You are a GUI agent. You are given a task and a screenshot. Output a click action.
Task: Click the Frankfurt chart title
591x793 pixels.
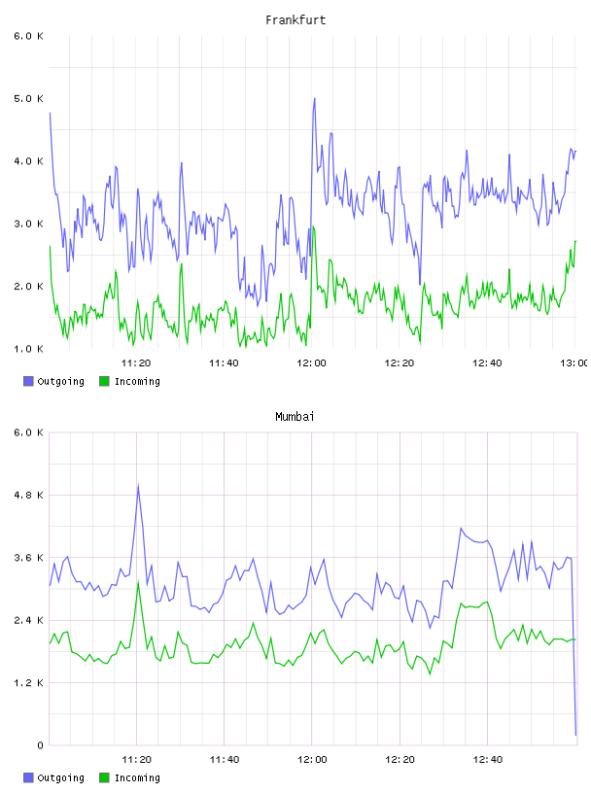click(295, 20)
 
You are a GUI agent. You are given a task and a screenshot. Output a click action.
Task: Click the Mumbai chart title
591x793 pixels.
click(295, 417)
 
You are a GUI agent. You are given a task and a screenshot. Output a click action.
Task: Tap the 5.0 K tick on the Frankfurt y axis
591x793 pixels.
click(28, 98)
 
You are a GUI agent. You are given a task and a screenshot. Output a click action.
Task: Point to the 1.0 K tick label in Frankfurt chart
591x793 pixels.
click(28, 349)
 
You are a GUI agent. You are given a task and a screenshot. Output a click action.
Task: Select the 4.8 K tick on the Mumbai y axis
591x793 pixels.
click(28, 495)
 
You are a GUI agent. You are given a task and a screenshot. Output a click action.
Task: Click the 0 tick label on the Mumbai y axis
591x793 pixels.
click(40, 745)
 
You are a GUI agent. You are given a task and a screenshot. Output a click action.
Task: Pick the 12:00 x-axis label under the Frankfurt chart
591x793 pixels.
click(311, 363)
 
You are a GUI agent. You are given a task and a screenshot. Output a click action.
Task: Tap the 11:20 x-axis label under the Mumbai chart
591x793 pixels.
click(137, 760)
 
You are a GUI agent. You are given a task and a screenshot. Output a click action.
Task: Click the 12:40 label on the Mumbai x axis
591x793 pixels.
click(487, 760)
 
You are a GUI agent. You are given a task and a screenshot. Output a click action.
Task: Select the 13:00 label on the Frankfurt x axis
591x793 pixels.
click(574, 363)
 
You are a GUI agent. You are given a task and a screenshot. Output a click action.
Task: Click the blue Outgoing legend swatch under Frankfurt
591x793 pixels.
click(28, 381)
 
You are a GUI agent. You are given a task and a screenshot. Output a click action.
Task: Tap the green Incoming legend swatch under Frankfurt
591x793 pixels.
click(104, 381)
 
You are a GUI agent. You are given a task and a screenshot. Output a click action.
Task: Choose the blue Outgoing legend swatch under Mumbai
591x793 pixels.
click(28, 777)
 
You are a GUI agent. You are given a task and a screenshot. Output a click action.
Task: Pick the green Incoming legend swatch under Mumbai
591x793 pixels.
click(104, 777)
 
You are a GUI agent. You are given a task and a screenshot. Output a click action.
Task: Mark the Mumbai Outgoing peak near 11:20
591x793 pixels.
click(138, 486)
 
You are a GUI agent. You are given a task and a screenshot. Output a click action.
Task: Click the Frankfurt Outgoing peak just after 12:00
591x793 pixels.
click(315, 98)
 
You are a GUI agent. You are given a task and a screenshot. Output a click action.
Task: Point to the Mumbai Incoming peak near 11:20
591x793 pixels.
click(138, 582)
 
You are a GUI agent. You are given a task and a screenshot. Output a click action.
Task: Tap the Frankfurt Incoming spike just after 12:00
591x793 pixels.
click(313, 227)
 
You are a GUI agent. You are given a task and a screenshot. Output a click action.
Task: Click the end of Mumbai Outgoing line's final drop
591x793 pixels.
click(575, 735)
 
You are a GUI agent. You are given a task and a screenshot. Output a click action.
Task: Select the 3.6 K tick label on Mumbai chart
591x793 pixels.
click(28, 558)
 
